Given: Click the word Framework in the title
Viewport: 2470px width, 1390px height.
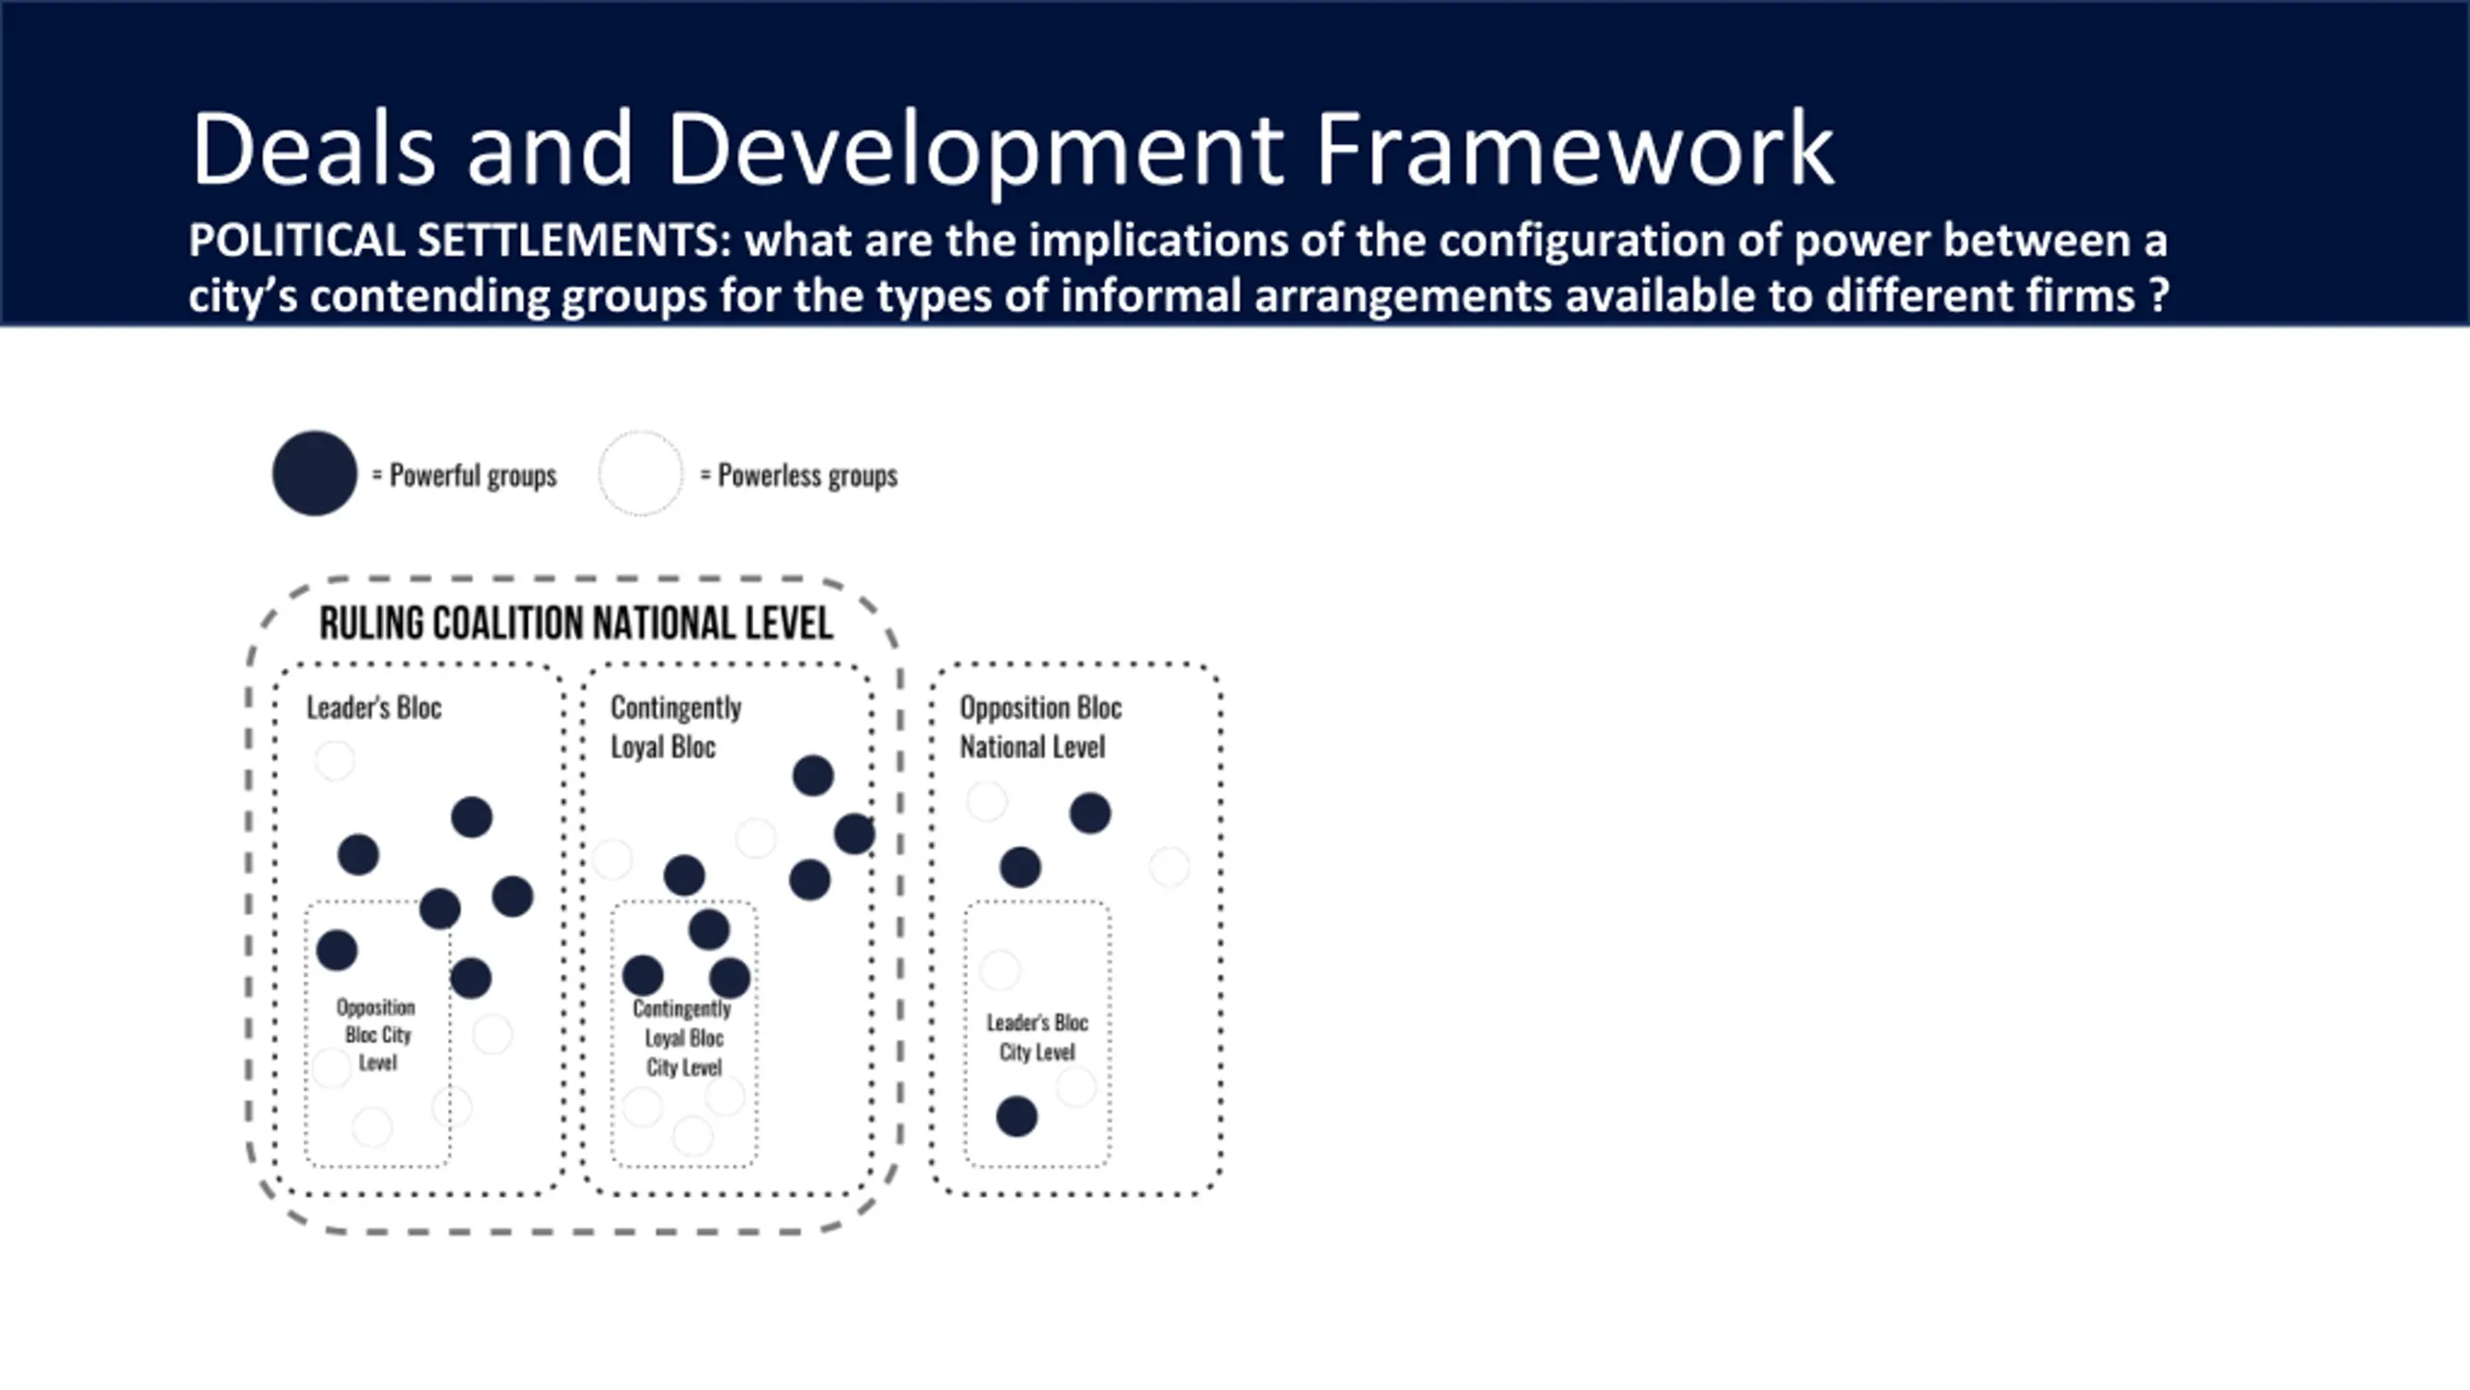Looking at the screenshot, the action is coord(1574,150).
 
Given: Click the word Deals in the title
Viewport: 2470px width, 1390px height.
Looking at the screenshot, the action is coord(314,150).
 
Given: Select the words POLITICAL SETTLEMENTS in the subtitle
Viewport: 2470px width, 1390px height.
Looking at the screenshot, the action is coord(459,240).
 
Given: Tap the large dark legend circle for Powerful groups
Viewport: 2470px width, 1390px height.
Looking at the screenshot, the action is coord(315,473).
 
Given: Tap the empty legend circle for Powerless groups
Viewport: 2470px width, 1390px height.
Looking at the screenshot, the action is coord(641,473).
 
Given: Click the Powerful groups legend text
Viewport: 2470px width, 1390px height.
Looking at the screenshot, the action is coord(473,476).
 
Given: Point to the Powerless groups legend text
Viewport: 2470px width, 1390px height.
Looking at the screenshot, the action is coord(808,476).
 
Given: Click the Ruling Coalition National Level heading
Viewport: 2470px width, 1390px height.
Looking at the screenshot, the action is coord(576,624).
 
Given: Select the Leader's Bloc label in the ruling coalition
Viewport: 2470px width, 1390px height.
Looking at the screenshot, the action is coord(374,708).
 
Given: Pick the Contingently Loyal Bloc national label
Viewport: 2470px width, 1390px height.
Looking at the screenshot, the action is coord(675,727).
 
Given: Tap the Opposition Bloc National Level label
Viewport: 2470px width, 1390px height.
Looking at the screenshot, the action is coord(1040,727).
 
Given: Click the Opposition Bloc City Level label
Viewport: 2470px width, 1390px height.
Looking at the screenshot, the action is coord(376,1035).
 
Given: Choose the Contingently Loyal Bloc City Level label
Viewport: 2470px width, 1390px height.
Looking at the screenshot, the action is coord(683,1038).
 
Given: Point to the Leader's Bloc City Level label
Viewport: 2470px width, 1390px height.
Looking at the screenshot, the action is coord(1037,1037).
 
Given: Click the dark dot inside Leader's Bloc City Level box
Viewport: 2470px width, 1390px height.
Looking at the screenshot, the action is coord(1016,1117).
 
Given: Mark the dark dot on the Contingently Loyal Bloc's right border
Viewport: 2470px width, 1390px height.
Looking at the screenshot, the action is coord(854,834).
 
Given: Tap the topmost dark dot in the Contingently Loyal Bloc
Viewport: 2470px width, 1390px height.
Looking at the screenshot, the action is coord(812,775).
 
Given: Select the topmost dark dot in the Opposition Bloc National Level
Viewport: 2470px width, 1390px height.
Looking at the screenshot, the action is coord(1089,814).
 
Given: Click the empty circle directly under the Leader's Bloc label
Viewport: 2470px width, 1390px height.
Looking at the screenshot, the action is coord(335,761).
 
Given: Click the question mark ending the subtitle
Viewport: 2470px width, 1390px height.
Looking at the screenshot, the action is coord(2160,296).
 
